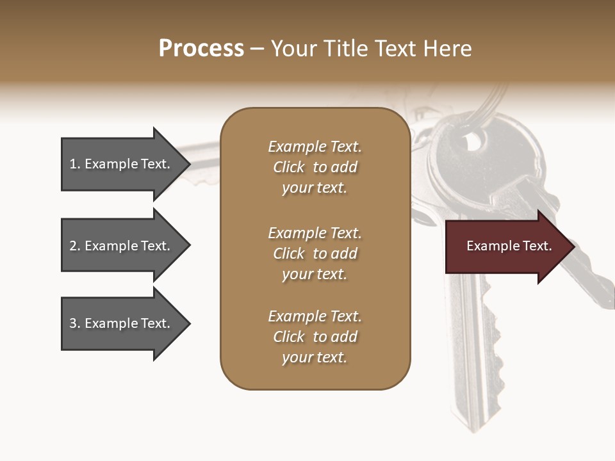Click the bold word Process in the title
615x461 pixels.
pos(201,49)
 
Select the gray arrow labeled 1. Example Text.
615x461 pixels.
pos(122,164)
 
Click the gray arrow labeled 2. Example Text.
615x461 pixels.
pos(122,246)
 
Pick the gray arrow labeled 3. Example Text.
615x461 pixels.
pos(122,323)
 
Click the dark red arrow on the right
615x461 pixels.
pos(506,247)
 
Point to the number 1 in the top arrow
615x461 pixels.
pos(73,164)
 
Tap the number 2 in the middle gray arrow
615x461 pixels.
pos(73,246)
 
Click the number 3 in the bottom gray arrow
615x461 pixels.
pos(73,323)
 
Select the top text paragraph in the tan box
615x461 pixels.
pos(315,167)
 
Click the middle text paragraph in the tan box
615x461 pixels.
pos(315,254)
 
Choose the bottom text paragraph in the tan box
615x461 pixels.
pos(315,337)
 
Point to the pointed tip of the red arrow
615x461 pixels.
pos(573,247)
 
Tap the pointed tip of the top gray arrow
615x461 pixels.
pos(189,164)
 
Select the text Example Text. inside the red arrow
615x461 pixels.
pos(509,246)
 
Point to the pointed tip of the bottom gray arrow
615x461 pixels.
pos(189,323)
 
